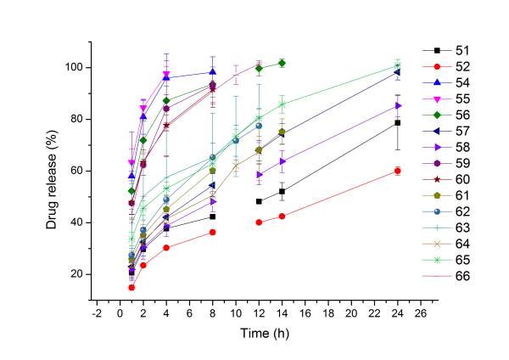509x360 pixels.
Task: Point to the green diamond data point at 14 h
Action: click(305, 63)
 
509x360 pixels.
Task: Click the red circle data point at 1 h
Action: click(131, 288)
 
